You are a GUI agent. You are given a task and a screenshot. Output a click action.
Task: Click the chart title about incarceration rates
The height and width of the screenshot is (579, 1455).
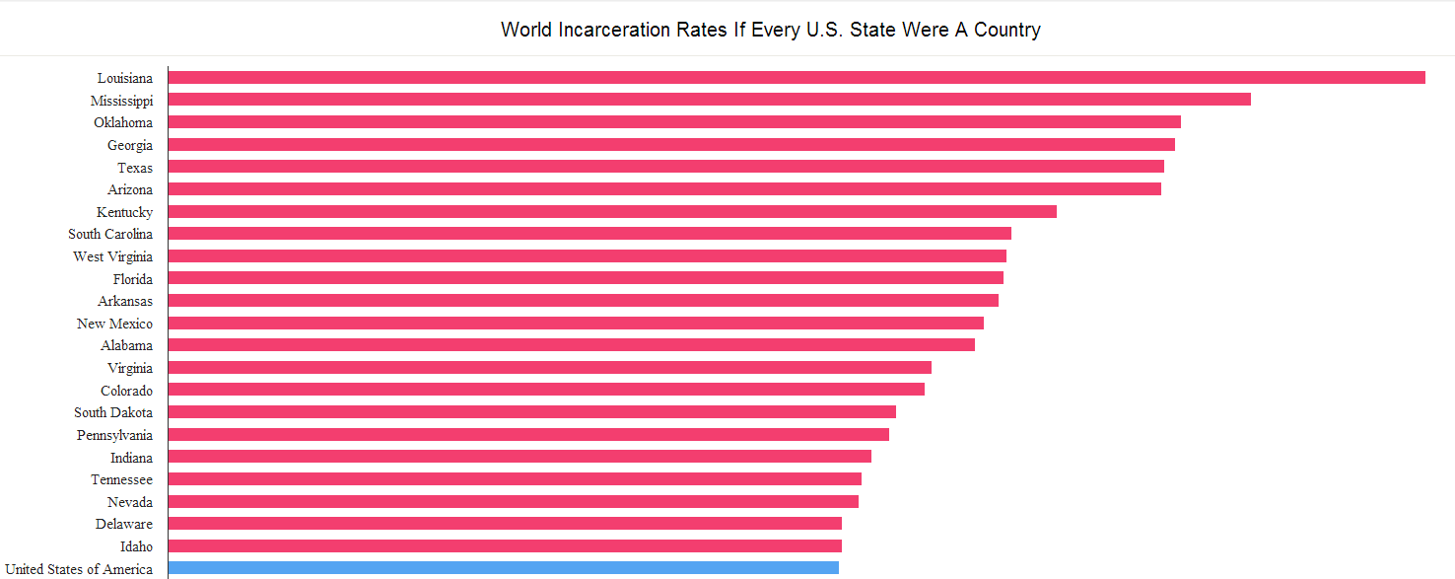click(770, 30)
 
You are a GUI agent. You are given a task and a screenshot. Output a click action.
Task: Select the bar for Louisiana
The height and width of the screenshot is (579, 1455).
click(797, 77)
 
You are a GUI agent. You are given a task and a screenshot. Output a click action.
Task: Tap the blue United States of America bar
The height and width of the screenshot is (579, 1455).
click(503, 568)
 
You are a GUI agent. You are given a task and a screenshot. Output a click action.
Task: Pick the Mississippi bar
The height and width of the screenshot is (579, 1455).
click(709, 100)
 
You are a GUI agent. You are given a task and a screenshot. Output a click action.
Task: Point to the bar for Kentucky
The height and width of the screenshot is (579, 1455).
click(612, 211)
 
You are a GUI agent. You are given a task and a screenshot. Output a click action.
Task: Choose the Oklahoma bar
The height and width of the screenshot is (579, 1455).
click(674, 122)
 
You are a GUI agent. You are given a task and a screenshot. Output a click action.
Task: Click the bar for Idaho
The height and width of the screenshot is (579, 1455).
click(505, 545)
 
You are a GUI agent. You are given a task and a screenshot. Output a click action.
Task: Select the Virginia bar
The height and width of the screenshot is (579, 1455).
click(549, 368)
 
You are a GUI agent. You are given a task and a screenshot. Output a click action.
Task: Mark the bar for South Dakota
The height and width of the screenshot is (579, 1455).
click(531, 412)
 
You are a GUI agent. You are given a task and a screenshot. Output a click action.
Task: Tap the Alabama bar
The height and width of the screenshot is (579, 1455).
click(571, 345)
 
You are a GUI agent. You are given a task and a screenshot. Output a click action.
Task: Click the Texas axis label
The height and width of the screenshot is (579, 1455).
click(135, 168)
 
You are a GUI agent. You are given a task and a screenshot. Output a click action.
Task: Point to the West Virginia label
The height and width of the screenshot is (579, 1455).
click(112, 256)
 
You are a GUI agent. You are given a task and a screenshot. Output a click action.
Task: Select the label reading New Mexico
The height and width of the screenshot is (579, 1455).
click(114, 324)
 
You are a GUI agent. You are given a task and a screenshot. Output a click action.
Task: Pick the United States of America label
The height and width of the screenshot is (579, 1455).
click(79, 569)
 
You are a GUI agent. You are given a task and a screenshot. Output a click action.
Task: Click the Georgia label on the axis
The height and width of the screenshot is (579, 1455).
click(130, 145)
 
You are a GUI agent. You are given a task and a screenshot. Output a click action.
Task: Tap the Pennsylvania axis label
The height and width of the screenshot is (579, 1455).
click(114, 435)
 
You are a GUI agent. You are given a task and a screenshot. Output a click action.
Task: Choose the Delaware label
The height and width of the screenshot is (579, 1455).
click(124, 524)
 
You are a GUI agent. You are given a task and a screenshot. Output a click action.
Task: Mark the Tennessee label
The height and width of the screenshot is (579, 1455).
click(121, 479)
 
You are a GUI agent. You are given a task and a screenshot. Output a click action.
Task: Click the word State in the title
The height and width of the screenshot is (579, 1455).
click(872, 30)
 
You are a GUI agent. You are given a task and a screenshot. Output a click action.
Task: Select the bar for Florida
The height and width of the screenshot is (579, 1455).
click(586, 278)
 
